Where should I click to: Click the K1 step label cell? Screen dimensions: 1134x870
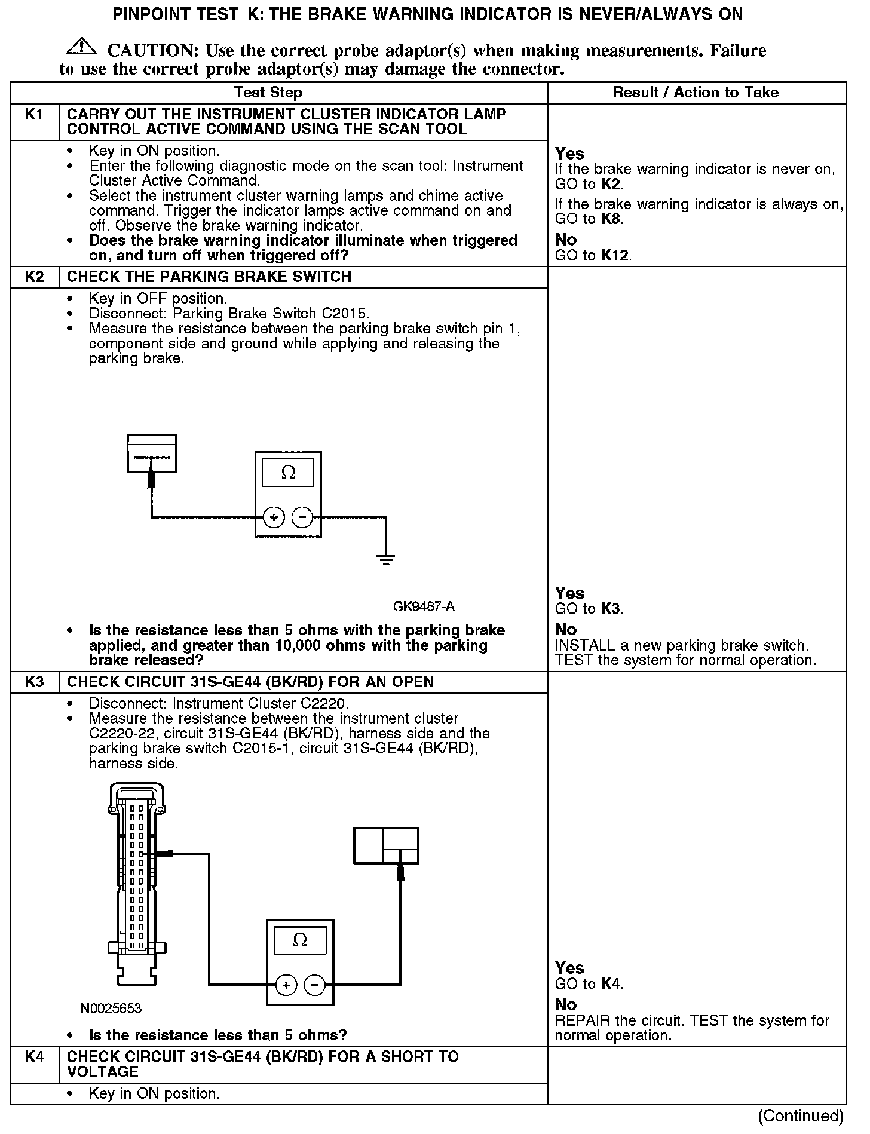pos(35,115)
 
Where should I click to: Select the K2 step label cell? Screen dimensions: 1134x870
pos(35,277)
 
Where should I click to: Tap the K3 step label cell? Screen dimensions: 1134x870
pos(35,682)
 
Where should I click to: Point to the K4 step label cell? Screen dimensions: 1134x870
pos(35,1056)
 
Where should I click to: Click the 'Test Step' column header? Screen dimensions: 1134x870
pos(268,93)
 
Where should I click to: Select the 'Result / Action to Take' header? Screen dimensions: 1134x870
pos(696,93)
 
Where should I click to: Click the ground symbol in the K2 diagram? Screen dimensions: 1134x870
pos(386,560)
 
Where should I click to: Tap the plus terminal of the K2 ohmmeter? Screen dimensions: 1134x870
pos(274,517)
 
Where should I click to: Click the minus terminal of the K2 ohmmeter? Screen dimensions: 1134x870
pos(302,517)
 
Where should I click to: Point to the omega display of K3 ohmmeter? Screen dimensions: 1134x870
pos(301,940)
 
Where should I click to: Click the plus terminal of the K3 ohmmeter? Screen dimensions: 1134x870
pos(286,985)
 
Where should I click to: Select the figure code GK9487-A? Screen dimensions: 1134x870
pos(424,606)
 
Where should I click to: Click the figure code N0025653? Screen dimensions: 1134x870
pos(111,1009)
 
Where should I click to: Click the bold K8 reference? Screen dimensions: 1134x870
pos(611,219)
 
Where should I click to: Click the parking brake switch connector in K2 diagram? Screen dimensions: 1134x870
pos(152,453)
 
